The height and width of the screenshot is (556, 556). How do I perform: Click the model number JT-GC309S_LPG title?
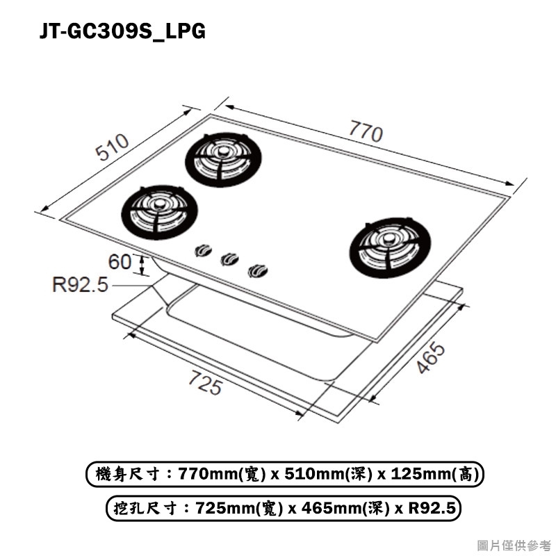pos(122,31)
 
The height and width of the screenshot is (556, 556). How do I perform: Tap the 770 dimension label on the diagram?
pos(366,131)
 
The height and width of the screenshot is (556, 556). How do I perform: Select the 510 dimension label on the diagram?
pos(112,147)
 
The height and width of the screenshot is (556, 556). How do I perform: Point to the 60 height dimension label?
pos(120,262)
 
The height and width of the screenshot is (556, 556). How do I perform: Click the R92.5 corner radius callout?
pos(80,284)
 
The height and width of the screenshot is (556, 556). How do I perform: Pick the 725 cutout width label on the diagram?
pos(205,382)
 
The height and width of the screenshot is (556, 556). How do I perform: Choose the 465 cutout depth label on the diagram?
pos(430,357)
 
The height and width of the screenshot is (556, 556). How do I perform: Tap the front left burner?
pos(160,213)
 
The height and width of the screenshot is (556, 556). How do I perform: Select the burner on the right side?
pos(390,247)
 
